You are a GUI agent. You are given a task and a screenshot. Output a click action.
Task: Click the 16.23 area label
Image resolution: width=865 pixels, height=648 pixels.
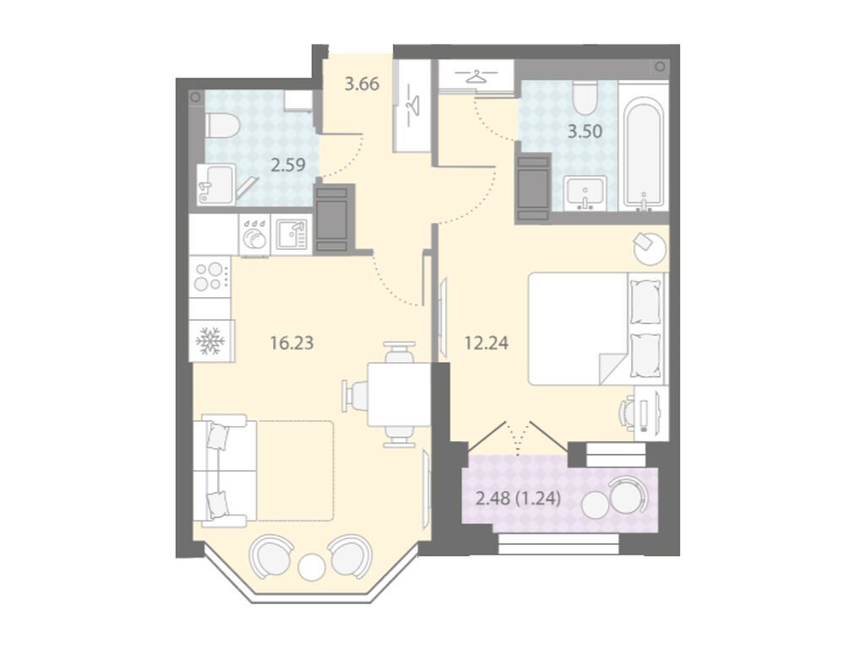point(291,343)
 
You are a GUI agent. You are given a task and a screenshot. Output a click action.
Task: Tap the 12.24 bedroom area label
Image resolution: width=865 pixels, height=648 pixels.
point(486,343)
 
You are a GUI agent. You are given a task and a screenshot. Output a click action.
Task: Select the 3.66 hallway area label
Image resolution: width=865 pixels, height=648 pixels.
point(362,84)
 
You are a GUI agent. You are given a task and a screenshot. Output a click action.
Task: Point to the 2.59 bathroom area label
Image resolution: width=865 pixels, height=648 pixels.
point(288,165)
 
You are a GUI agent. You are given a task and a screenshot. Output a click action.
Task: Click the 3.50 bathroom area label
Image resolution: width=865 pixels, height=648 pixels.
point(585,132)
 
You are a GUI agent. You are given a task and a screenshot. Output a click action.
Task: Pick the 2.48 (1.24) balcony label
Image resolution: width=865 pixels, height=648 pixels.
point(518,499)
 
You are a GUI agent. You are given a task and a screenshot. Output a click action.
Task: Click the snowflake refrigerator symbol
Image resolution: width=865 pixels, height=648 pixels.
point(210,341)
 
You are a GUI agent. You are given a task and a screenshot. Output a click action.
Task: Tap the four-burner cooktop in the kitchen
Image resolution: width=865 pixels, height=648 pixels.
point(210,277)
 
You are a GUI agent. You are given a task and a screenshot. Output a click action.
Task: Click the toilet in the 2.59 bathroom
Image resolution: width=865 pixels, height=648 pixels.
point(221,125)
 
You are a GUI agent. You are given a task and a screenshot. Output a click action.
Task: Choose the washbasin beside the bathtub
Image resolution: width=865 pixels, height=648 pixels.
point(586,193)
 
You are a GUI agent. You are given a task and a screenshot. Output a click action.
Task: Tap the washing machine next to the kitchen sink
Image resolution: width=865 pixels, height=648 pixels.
point(254,235)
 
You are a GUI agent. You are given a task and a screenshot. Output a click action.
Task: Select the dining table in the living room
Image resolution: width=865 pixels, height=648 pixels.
point(399,395)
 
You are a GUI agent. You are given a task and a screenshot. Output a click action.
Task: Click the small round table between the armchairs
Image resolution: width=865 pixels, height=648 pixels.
point(312,566)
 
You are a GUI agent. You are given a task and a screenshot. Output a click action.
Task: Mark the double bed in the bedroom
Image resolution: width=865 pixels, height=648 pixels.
point(597,328)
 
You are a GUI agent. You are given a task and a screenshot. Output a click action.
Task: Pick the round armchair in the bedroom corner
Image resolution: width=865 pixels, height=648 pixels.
point(650,249)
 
